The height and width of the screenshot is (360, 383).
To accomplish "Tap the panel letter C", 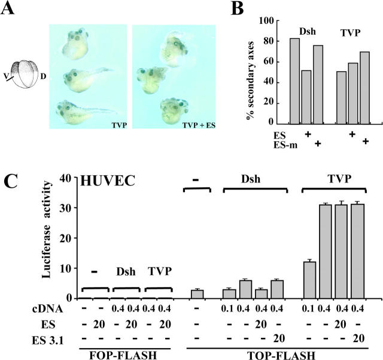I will pyautogui.click(x=14, y=181).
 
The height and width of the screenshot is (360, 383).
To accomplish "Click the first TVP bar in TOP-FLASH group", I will pyautogui.click(x=310, y=280).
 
